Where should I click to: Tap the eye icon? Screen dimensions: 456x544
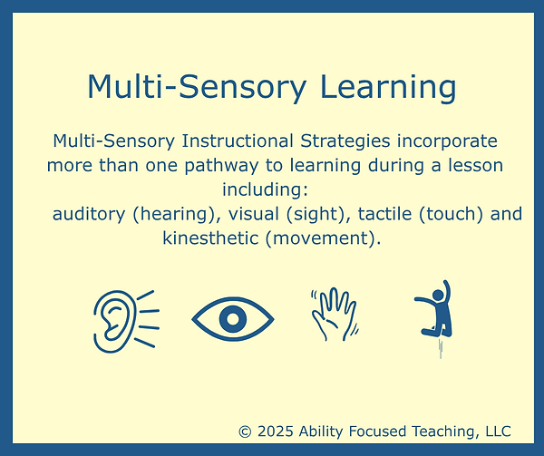tap(233, 318)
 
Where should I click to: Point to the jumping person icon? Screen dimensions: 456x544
tap(435, 313)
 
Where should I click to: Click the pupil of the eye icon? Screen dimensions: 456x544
tap(233, 318)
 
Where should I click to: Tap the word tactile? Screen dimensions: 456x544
tap(384, 215)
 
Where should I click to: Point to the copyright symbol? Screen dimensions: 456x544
tap(245, 432)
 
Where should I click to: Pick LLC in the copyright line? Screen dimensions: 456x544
tap(496, 432)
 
